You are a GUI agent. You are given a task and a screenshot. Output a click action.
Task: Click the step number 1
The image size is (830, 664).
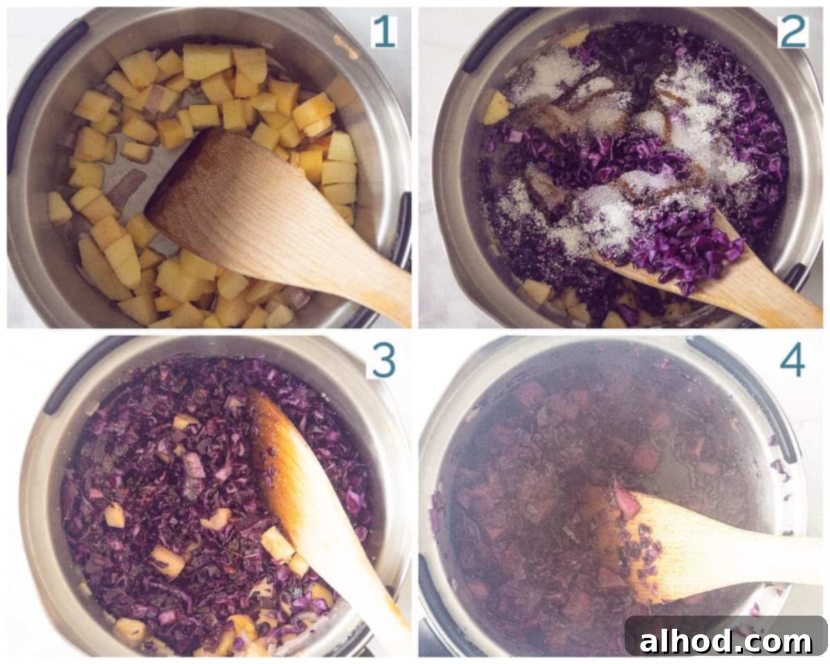coord(384,32)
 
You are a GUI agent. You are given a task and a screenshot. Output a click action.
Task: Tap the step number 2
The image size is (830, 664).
coord(792,32)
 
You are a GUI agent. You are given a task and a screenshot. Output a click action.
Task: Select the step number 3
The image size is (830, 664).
coord(383,361)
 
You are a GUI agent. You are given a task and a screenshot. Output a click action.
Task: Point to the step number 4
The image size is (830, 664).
coord(792,361)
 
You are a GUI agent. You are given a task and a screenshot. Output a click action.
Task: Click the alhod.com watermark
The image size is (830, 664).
coord(725,642)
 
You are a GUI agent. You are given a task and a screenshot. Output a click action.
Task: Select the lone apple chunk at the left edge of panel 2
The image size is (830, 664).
coord(497,107)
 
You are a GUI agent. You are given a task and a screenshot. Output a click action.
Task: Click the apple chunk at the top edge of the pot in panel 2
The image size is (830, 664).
coord(575,37)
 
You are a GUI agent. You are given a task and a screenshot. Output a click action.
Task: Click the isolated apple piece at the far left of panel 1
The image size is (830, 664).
coord(59,208)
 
